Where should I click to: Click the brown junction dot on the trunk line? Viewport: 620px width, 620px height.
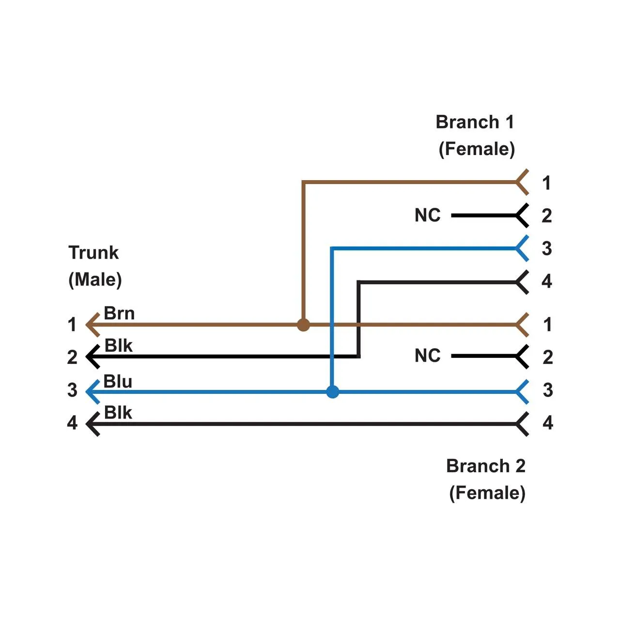tap(303, 325)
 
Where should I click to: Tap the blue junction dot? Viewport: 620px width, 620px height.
tap(332, 391)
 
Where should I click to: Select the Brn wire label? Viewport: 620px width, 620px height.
tap(119, 313)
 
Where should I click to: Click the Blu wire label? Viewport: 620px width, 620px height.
tap(118, 382)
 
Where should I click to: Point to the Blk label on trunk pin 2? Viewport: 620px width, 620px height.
tap(118, 346)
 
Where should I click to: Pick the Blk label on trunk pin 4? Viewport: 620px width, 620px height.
tap(118, 413)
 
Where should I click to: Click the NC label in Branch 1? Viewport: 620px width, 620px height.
tap(428, 216)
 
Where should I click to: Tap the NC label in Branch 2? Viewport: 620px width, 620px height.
tap(428, 356)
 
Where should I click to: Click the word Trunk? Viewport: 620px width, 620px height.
tap(93, 253)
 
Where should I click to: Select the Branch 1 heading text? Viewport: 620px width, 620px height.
tap(475, 122)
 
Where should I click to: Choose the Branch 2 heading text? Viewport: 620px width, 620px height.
tap(486, 466)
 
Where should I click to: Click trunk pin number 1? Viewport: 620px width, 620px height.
tap(72, 325)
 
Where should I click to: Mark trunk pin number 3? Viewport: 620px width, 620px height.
tap(72, 390)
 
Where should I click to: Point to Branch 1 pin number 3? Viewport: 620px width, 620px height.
tap(547, 248)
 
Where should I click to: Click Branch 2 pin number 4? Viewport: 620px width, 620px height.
tap(548, 423)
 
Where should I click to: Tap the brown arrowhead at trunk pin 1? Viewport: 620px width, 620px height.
tap(92, 325)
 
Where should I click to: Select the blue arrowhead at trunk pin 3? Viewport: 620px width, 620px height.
tap(92, 391)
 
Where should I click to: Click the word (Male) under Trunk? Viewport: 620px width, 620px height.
tap(95, 279)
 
